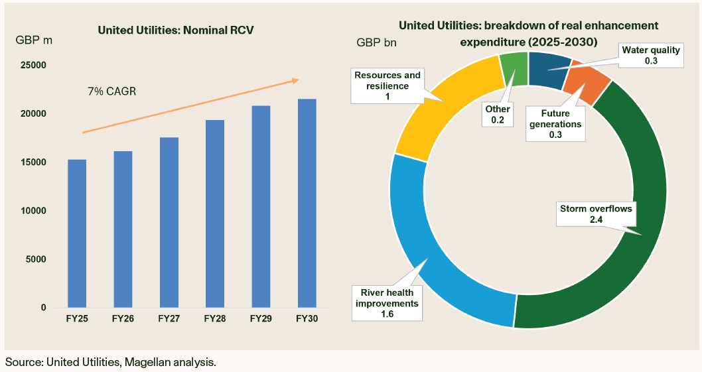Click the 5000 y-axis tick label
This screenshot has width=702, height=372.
coord(36,259)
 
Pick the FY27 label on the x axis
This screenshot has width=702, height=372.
coord(169,319)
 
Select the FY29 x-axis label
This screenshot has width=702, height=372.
coord(261,319)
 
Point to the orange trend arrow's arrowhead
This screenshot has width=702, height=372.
coord(295,80)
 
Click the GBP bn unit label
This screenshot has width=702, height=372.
coord(376,43)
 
